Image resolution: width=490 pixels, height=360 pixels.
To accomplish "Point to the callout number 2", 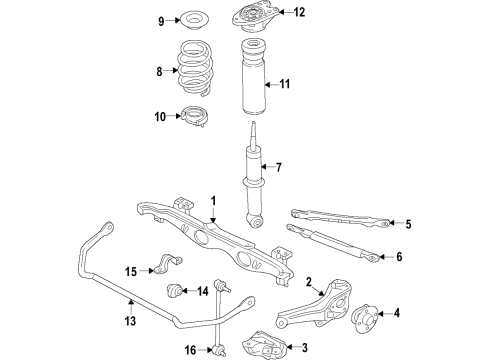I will click(310, 281).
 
